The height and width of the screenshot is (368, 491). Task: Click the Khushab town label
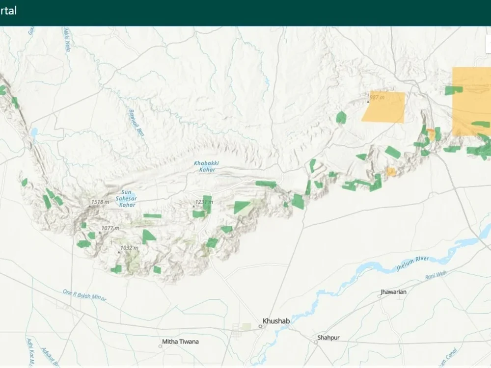(x=276, y=321)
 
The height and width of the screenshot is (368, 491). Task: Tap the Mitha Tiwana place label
(x=181, y=342)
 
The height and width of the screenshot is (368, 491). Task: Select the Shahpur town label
(x=328, y=338)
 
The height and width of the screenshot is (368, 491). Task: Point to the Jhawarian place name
(x=393, y=292)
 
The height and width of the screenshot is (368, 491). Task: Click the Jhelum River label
(x=412, y=263)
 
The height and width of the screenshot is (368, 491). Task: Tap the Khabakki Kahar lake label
(x=205, y=166)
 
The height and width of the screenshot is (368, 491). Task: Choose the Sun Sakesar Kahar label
(x=126, y=198)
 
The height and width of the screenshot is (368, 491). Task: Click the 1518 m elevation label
(x=100, y=202)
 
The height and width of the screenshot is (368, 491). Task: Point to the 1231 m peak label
(x=204, y=202)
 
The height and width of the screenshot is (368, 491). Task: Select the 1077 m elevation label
(x=110, y=228)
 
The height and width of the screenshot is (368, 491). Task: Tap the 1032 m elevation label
(x=129, y=248)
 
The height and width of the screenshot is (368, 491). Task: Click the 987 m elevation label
(x=377, y=98)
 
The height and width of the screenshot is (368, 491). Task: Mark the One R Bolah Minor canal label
(x=84, y=295)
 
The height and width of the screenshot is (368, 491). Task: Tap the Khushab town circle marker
(x=261, y=326)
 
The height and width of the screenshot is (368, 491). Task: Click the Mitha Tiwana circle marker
(x=160, y=346)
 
